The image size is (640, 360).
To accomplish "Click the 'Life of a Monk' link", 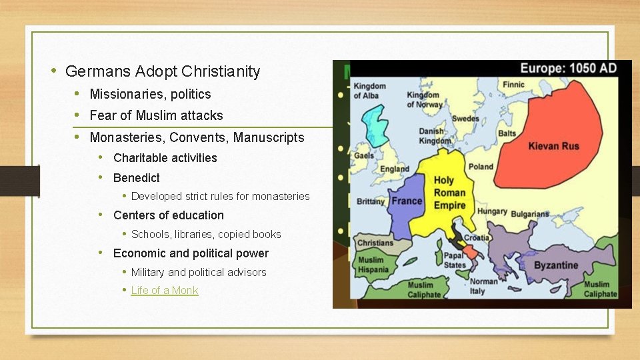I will click(x=165, y=290).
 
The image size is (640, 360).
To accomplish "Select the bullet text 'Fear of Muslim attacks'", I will click(x=156, y=115).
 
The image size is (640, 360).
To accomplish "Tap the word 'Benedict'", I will click(x=137, y=178).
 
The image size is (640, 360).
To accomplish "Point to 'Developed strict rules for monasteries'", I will click(x=220, y=196).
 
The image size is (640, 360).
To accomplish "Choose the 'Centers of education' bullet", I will click(x=168, y=215).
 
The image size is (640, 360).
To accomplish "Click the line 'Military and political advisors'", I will click(x=199, y=272).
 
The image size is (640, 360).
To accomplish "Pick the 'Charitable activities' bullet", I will click(x=165, y=158).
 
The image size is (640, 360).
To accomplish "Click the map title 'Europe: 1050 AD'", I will click(x=568, y=68).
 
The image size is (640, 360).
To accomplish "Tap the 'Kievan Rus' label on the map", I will click(x=554, y=145).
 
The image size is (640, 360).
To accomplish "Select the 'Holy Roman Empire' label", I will click(x=450, y=193).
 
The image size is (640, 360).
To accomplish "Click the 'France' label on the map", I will click(x=407, y=201).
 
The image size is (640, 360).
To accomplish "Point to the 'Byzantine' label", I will click(x=556, y=265).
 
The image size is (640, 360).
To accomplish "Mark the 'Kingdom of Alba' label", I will click(x=369, y=91).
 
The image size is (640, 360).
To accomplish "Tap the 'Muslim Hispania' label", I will click(x=373, y=265).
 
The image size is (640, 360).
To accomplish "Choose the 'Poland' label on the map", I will click(x=480, y=166).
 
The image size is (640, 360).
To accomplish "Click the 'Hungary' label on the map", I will click(x=492, y=212).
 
